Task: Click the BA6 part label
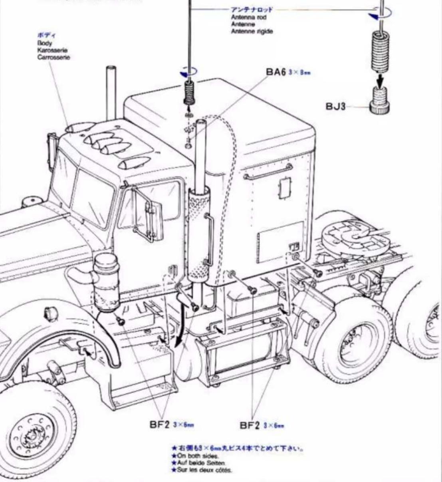tap(276, 72)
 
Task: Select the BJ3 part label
tap(335, 107)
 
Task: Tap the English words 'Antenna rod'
tap(248, 18)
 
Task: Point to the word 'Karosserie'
tap(52, 50)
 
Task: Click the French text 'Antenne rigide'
tap(252, 31)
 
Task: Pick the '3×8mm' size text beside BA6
tap(299, 73)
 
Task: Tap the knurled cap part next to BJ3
tap(379, 102)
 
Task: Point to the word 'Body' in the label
tap(45, 43)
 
